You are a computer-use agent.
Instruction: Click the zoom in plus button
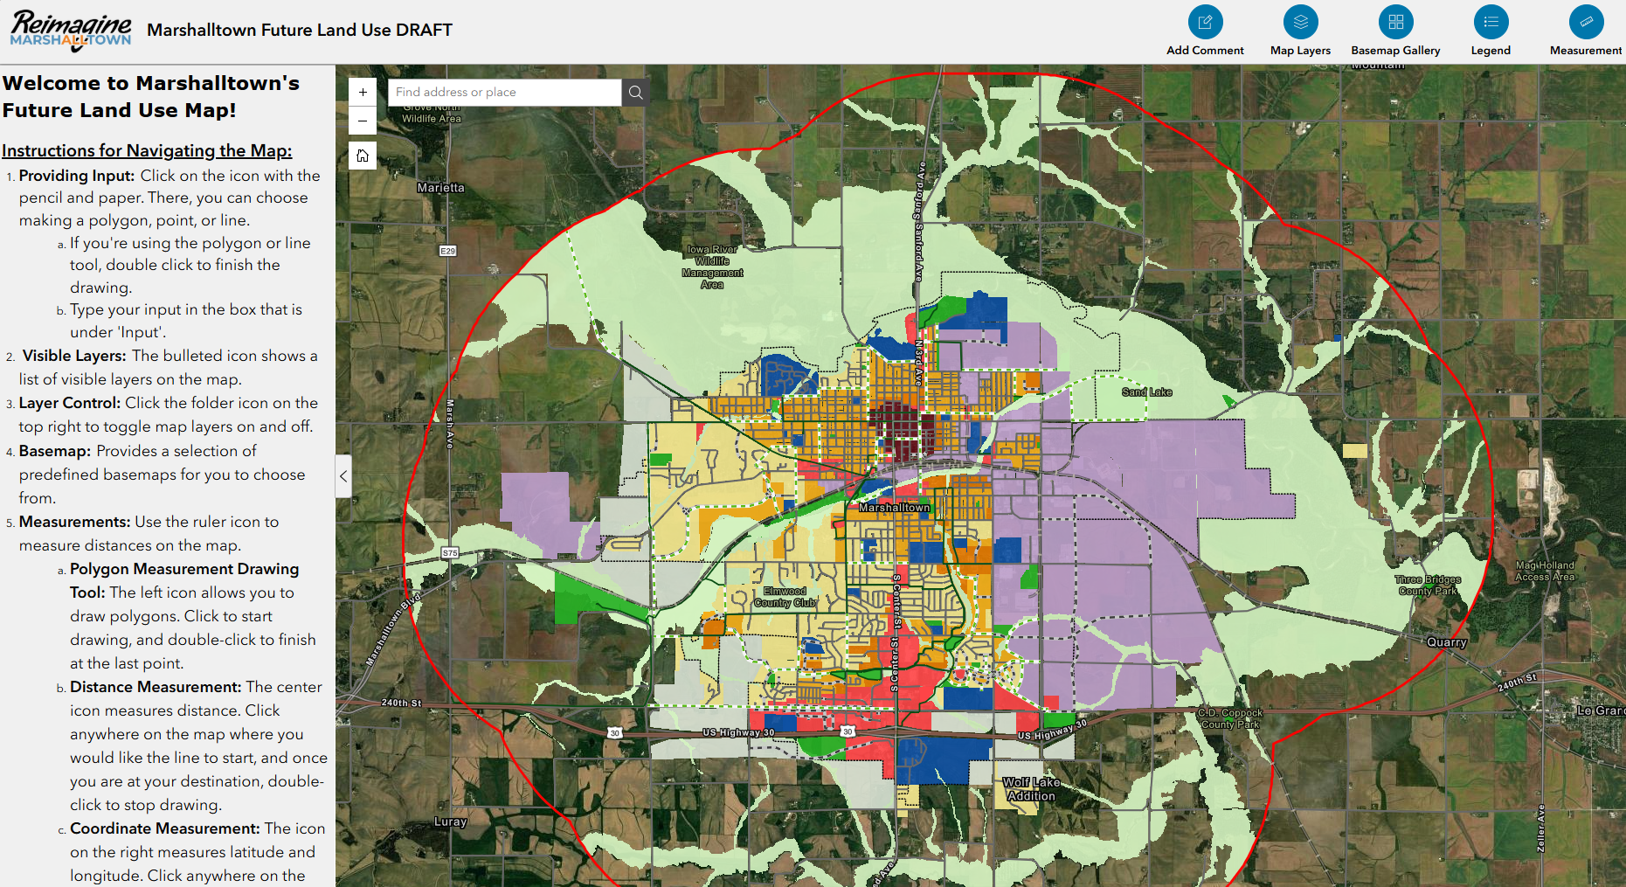363,93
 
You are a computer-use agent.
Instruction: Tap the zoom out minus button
363,121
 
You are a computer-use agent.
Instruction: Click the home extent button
363,156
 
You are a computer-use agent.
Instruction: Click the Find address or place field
504,93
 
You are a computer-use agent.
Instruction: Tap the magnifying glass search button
635,93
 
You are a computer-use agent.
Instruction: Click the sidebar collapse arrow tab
343,476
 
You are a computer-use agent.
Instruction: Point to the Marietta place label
441,188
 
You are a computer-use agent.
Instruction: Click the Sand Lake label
1146,392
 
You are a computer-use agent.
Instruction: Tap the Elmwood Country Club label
785,597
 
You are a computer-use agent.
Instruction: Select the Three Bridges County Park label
1428,586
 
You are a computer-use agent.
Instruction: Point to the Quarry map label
1446,642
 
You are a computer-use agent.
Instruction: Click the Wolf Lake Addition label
1031,789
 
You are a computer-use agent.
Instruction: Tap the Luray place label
451,821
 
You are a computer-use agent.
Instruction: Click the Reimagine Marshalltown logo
71,31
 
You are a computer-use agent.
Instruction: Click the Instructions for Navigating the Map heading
147,150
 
